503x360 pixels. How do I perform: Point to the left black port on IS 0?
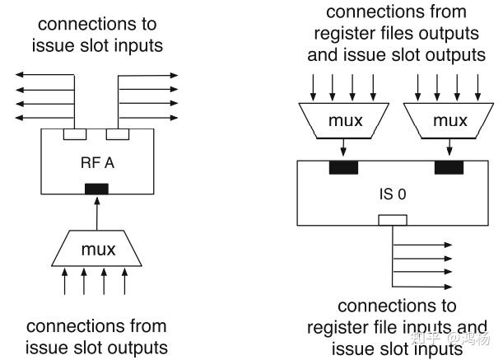click(342, 168)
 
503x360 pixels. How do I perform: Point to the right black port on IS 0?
click(449, 168)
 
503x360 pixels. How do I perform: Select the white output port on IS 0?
click(393, 220)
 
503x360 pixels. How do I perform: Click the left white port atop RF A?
click(76, 133)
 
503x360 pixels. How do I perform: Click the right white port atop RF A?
click(119, 133)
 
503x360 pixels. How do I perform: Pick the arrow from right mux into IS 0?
click(449, 151)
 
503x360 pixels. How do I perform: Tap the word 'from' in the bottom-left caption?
click(145, 326)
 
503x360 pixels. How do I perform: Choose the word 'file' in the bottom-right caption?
click(379, 327)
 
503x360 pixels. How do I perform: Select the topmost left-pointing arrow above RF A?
click(43, 76)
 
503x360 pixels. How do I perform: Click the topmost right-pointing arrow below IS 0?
click(424, 245)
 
